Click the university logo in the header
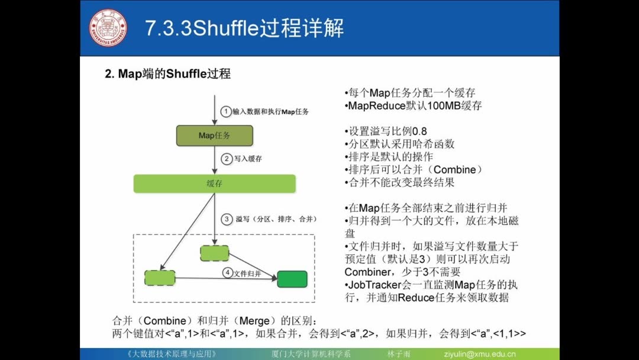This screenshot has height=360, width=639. (109, 28)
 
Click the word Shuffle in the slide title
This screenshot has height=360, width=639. (227, 28)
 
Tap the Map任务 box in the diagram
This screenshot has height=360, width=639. (215, 136)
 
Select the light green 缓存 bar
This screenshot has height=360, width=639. (214, 184)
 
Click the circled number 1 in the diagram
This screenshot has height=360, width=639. (225, 111)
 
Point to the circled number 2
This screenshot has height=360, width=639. (225, 159)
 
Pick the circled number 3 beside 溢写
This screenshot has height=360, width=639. (226, 219)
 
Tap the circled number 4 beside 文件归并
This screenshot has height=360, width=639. (227, 274)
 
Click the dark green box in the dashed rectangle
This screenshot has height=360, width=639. (292, 279)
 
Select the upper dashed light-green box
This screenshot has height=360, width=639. (214, 253)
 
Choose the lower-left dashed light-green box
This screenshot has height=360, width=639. (160, 278)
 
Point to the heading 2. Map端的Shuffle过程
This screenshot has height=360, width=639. (167, 74)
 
